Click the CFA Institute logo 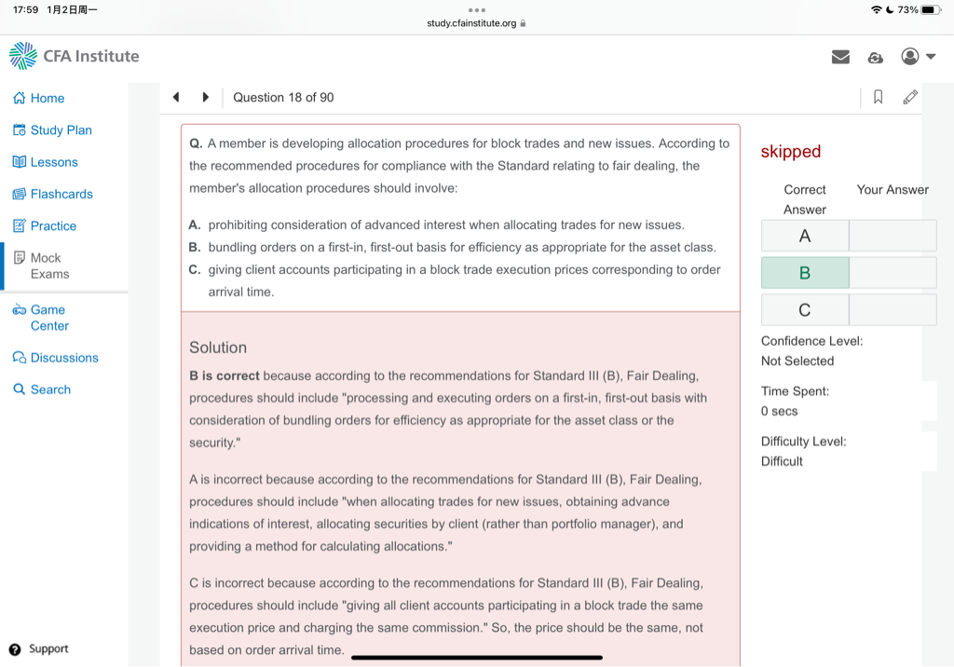(74, 56)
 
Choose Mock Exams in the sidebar (41, 265)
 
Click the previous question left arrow (176, 97)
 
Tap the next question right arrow (205, 97)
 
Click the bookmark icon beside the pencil (878, 97)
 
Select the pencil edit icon (910, 97)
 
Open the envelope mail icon (840, 57)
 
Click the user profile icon (910, 57)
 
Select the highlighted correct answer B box (805, 273)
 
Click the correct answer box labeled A (805, 236)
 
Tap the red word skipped (791, 152)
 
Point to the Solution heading (218, 347)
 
